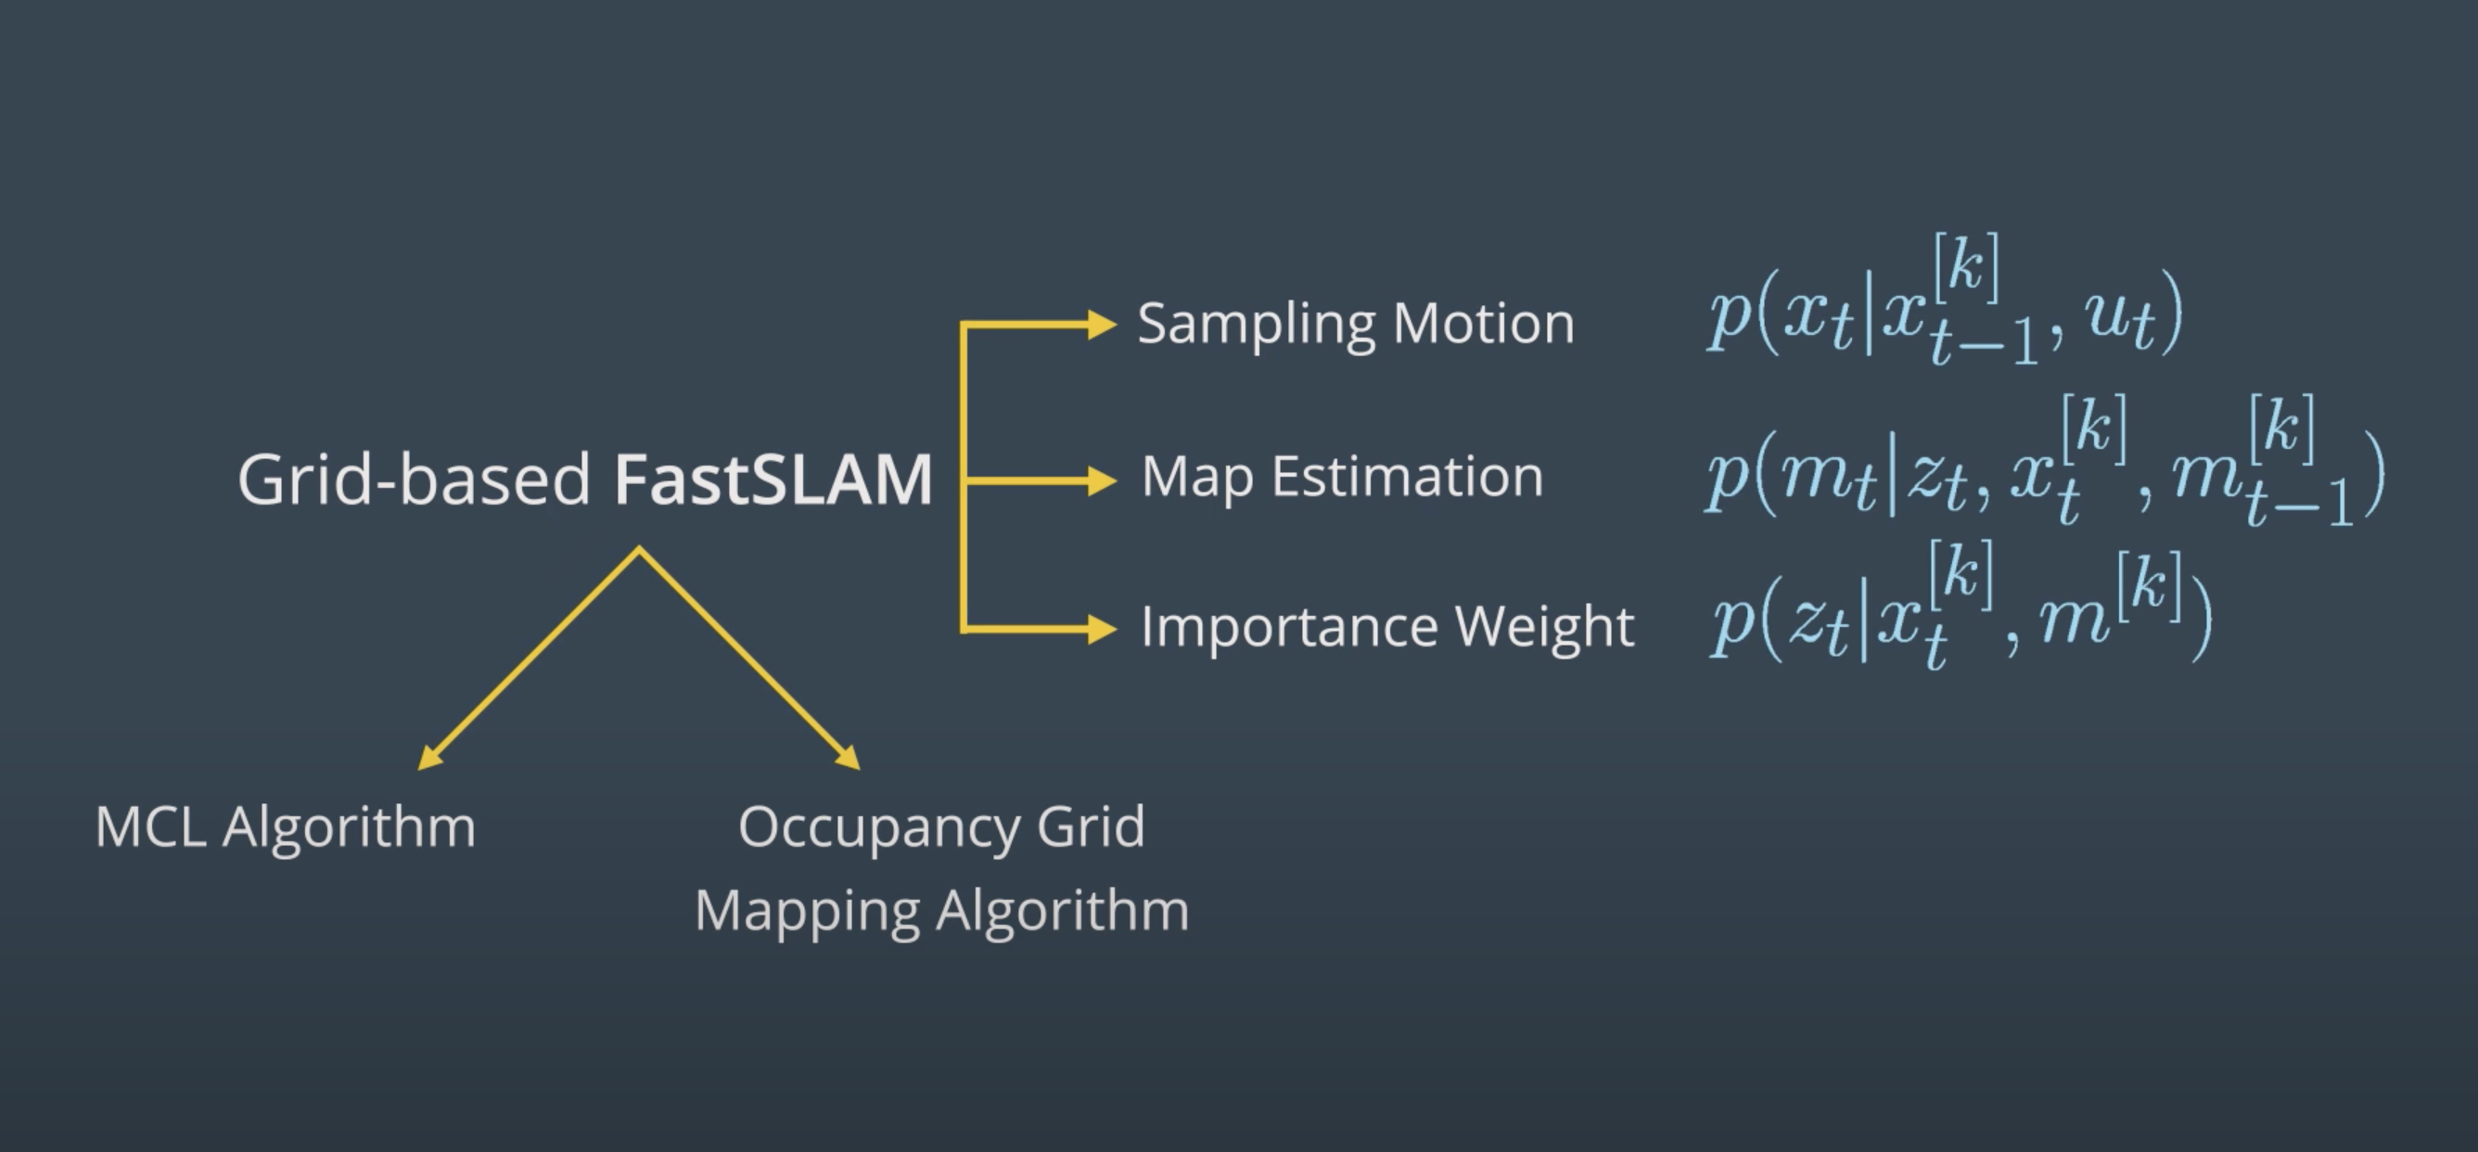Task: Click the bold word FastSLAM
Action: coord(773,480)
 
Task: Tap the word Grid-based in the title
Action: coord(414,480)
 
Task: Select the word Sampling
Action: coord(1257,326)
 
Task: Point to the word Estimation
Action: coord(1408,477)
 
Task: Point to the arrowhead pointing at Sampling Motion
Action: coord(1102,325)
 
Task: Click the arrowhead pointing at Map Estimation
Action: coord(1102,480)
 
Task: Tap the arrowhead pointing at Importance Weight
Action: coord(1102,630)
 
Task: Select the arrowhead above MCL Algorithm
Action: coord(429,760)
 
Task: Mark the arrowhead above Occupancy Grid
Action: coord(849,759)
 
